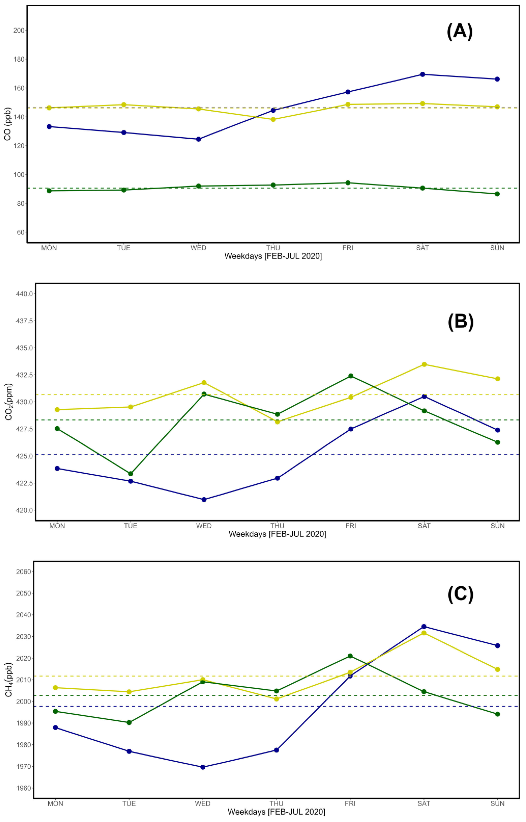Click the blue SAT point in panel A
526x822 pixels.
click(x=422, y=74)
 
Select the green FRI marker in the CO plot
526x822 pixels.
click(x=348, y=183)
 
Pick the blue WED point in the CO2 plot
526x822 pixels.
click(x=204, y=500)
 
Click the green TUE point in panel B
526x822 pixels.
click(x=130, y=474)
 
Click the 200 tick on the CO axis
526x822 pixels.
click(x=19, y=30)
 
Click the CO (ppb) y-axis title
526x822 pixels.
click(x=7, y=124)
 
